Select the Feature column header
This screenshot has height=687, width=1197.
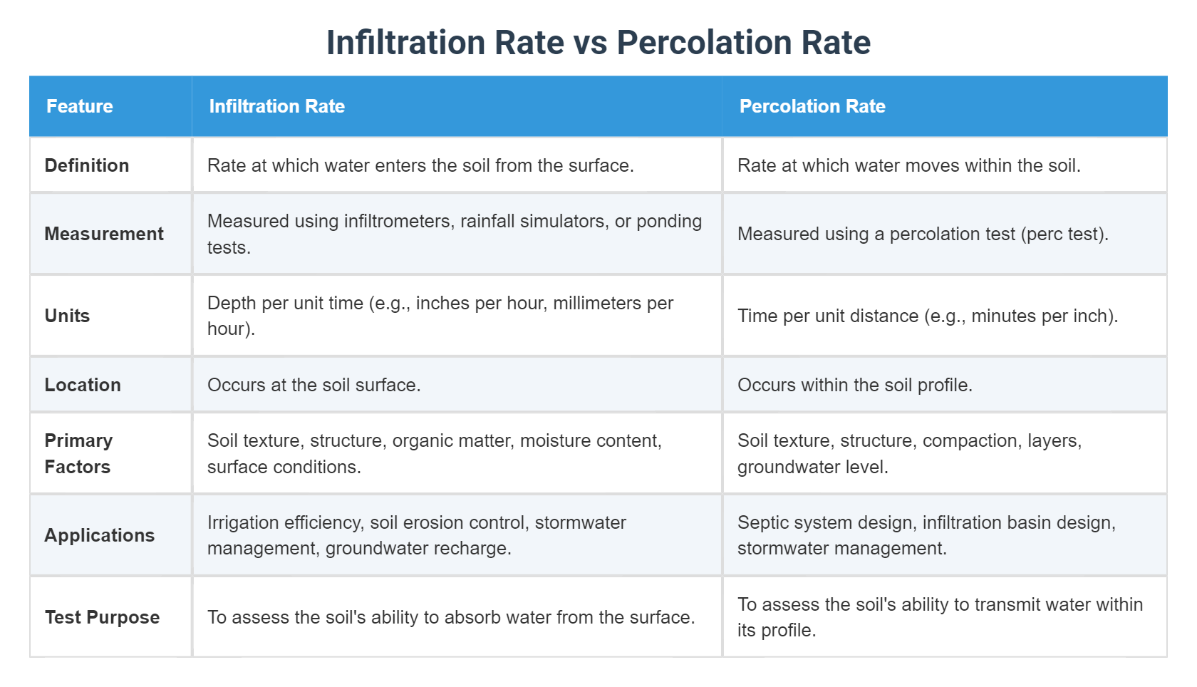[80, 106]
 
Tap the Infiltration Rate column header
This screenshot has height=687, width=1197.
[276, 106]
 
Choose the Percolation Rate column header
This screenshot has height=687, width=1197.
[812, 106]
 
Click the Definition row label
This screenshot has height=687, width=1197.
[87, 165]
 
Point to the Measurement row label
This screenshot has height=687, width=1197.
[104, 234]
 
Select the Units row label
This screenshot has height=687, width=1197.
[67, 316]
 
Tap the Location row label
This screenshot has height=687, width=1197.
[83, 385]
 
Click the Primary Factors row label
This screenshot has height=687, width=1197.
[78, 453]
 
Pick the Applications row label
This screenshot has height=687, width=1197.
[100, 535]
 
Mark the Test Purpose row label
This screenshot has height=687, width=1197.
[102, 617]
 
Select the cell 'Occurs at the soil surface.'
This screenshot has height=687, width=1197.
[314, 385]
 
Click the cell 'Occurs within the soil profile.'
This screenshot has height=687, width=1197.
[854, 385]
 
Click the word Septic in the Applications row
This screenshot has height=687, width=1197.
[760, 522]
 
